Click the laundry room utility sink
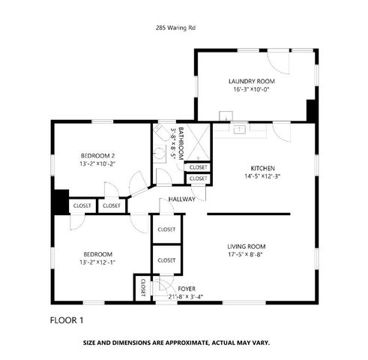(x=224, y=117)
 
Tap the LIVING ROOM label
(x=247, y=246)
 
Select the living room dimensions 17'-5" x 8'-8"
(x=247, y=255)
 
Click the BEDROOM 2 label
(x=97, y=155)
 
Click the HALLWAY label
(x=182, y=199)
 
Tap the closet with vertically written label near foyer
(x=142, y=286)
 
